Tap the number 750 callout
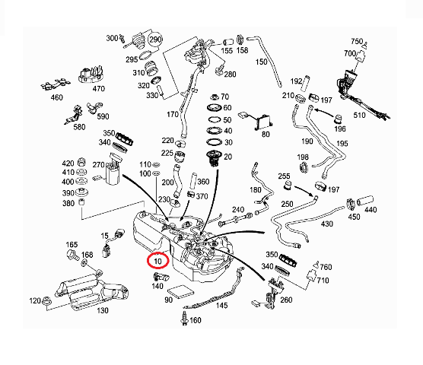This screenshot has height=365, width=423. tap(357, 41)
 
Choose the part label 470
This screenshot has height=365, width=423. tap(98, 89)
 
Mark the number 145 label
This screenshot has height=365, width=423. tap(221, 306)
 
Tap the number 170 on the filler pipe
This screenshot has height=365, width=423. tap(172, 115)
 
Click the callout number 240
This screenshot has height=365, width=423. tap(238, 210)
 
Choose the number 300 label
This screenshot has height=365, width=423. tap(112, 38)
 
